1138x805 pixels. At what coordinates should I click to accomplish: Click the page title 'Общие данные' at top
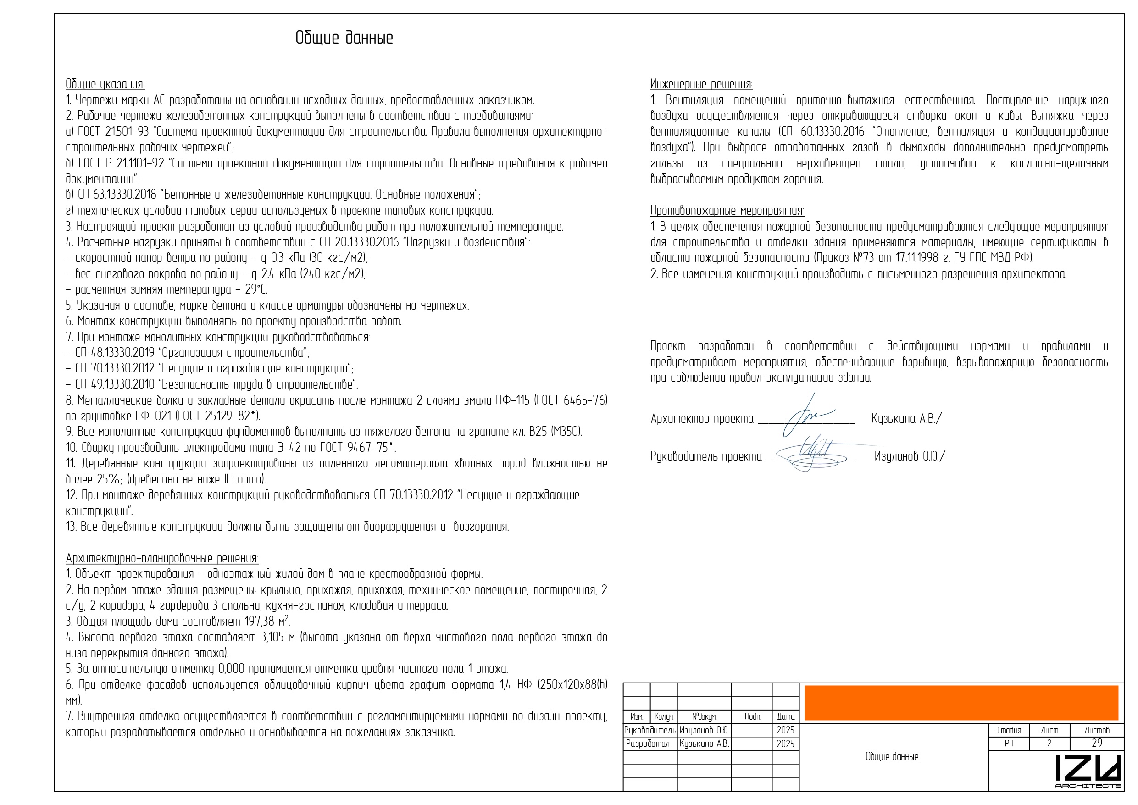[x=344, y=38]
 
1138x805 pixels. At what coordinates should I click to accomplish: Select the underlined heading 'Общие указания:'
[x=105, y=84]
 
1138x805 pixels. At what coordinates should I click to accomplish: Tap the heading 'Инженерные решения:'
[x=701, y=84]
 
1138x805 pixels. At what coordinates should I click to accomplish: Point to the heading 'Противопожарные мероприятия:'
[x=727, y=211]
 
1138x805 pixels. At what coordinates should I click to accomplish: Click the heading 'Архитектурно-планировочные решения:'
[x=162, y=558]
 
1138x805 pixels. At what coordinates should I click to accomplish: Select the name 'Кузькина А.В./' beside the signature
[x=906, y=419]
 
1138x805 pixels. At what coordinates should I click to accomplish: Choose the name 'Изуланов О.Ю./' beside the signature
[x=910, y=456]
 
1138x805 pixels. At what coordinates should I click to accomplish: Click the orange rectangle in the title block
[x=961, y=703]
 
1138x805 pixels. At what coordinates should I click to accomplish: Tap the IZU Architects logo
[x=1088, y=771]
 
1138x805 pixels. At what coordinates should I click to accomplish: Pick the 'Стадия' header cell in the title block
[x=1009, y=731]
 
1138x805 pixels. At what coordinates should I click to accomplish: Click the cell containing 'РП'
[x=1009, y=744]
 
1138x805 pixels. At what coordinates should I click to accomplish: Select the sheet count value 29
[x=1096, y=744]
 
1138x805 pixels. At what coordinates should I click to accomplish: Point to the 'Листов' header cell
[x=1096, y=731]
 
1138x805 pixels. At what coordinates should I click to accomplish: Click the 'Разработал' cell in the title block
[x=649, y=744]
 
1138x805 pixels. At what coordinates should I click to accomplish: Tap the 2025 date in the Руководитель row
[x=785, y=731]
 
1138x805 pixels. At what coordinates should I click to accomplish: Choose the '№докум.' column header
[x=704, y=717]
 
